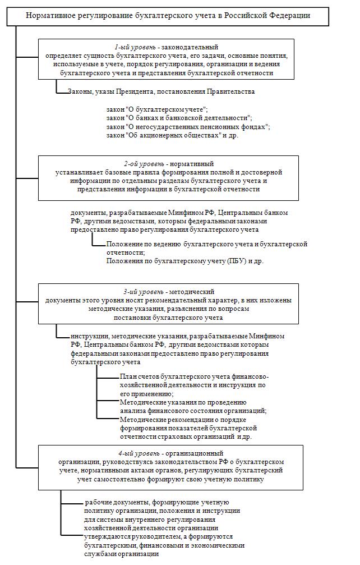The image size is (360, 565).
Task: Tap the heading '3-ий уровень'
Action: pyautogui.click(x=143, y=292)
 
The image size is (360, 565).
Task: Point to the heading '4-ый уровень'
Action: pyautogui.click(x=139, y=453)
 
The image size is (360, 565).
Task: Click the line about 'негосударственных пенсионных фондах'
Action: pyautogui.click(x=188, y=127)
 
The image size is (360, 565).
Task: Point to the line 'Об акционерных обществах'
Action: pyautogui.click(x=174, y=135)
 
